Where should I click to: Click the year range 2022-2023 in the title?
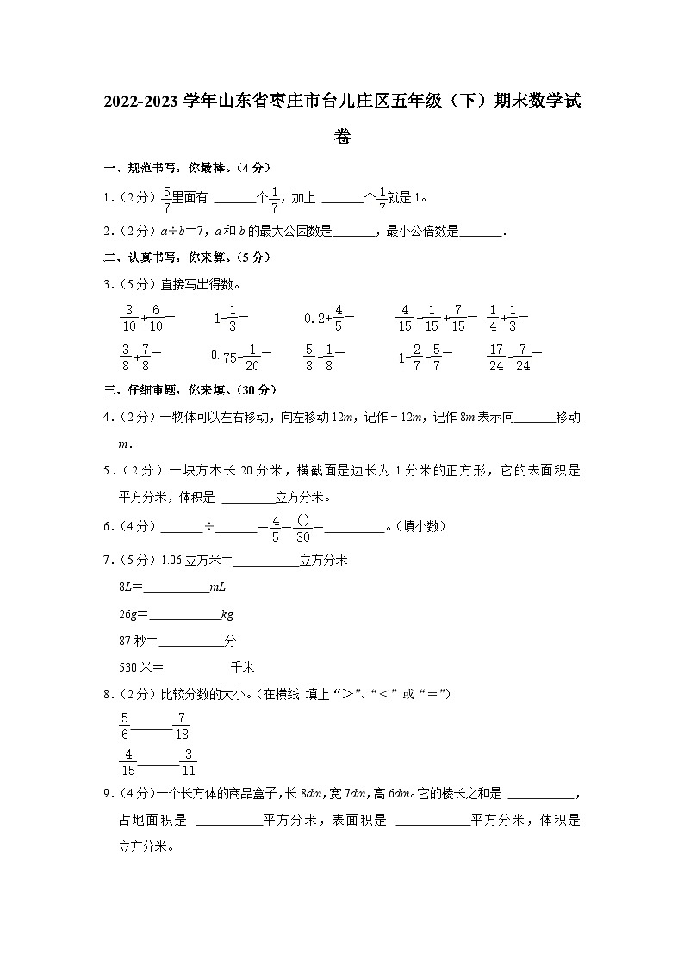pyautogui.click(x=141, y=102)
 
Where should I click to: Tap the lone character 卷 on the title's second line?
pyautogui.click(x=342, y=136)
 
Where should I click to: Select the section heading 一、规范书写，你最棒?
pyautogui.click(x=171, y=168)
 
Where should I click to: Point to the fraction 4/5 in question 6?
pyautogui.click(x=276, y=526)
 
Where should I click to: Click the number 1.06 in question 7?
pyautogui.click(x=172, y=560)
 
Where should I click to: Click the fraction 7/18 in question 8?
pyautogui.click(x=182, y=727)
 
